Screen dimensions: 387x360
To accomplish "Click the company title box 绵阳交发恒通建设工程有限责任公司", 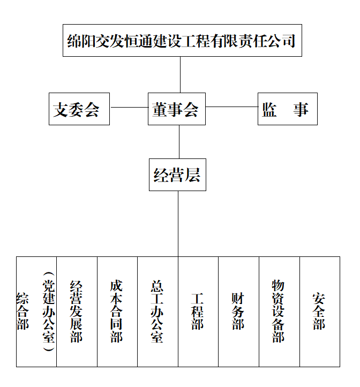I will pyautogui.click(x=182, y=40).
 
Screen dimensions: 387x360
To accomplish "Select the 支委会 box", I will pyautogui.click(x=79, y=109).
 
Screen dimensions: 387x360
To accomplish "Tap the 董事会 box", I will pyautogui.click(x=176, y=109).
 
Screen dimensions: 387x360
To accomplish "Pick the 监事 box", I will pyautogui.click(x=287, y=109).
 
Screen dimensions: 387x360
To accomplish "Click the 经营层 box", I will pyautogui.click(x=177, y=174).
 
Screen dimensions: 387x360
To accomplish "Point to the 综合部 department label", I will pyautogui.click(x=23, y=311).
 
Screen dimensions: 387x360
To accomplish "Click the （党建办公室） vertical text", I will pyautogui.click(x=49, y=311).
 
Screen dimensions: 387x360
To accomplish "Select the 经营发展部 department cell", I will pyautogui.click(x=77, y=311).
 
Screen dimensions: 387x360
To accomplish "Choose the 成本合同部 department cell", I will pyautogui.click(x=117, y=311).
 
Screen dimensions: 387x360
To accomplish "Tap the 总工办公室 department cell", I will pyautogui.click(x=157, y=311).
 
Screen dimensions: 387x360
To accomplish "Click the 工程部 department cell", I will pyautogui.click(x=198, y=311).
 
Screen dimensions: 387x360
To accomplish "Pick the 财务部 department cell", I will pyautogui.click(x=238, y=311).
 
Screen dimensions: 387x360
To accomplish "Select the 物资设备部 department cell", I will pyautogui.click(x=279, y=311).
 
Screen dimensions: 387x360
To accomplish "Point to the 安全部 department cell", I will pyautogui.click(x=319, y=311).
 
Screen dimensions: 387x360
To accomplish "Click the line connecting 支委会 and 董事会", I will pyautogui.click(x=129, y=107).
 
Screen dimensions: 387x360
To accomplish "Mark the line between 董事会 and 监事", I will pyautogui.click(x=231, y=107).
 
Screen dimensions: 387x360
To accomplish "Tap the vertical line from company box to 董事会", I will pyautogui.click(x=180, y=74).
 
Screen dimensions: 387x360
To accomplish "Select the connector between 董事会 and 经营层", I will pyautogui.click(x=179, y=141).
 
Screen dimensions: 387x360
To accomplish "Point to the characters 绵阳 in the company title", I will pyautogui.click(x=79, y=41).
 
